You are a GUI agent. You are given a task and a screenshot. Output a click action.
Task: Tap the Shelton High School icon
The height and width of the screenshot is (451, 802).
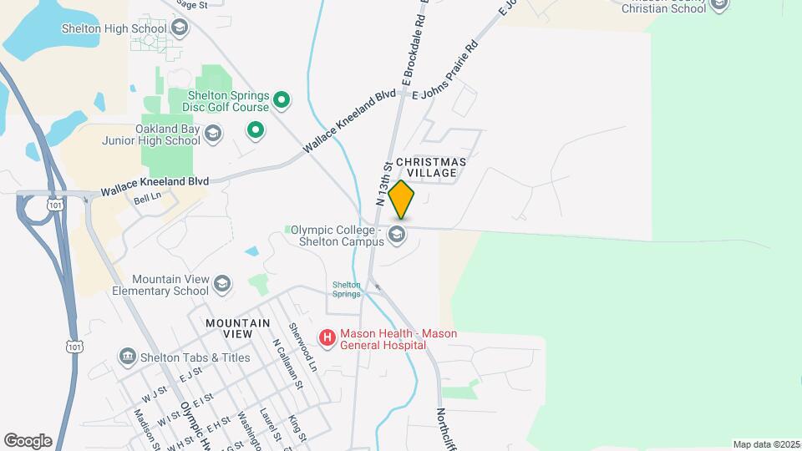[x=179, y=28]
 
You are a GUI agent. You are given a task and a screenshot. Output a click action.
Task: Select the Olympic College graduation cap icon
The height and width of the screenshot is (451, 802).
[x=398, y=235]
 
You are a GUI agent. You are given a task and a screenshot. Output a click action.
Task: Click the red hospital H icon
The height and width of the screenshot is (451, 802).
[x=327, y=337]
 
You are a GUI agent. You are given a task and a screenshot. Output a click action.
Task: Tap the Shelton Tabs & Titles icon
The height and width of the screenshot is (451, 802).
[x=127, y=357]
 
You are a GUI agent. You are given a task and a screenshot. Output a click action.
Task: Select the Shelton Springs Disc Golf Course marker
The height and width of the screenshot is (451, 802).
[x=282, y=101]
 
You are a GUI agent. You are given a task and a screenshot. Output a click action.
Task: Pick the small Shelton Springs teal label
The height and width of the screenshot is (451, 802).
[x=347, y=289]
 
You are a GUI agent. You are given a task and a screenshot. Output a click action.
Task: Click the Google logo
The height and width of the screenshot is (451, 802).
[x=28, y=441]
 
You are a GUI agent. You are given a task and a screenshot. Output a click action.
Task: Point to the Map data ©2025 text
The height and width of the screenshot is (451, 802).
[x=766, y=444]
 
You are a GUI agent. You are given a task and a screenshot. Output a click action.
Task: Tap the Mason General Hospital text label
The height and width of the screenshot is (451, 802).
[x=391, y=340]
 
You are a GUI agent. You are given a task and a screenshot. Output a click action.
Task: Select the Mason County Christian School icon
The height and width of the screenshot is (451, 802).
[x=720, y=5]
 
